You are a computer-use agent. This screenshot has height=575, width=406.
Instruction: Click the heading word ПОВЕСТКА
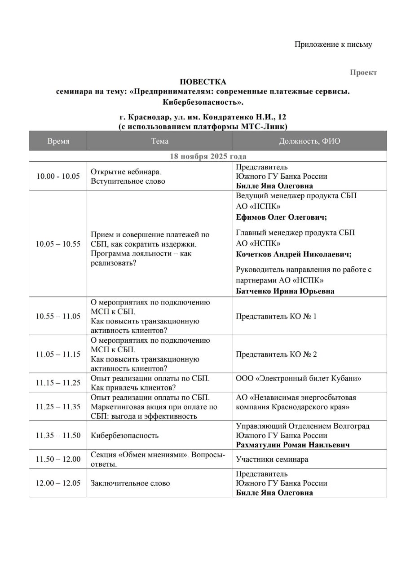coord(203,82)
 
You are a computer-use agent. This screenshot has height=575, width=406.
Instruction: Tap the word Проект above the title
coord(363,72)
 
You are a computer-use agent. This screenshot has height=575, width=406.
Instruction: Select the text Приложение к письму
coord(333,44)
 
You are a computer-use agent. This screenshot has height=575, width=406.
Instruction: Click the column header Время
coord(58,141)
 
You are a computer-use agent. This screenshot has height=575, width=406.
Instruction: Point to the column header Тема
coord(159,141)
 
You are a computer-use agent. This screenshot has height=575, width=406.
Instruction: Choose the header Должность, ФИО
coord(309,141)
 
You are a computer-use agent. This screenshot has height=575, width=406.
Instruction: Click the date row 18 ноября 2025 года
coord(208,156)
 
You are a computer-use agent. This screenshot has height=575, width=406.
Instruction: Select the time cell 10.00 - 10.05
coord(58,176)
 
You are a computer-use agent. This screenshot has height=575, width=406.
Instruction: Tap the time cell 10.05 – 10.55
coord(58,244)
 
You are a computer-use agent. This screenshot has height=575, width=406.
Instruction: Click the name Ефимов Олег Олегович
coord(281,217)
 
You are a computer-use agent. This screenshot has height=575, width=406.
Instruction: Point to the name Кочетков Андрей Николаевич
coord(294,254)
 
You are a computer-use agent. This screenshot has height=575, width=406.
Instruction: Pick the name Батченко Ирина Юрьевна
coord(285,291)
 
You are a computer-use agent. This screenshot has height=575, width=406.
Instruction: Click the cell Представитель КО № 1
coord(276,316)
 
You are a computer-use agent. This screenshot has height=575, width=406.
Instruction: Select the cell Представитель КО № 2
coord(276,354)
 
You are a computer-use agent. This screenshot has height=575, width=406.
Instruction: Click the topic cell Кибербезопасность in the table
coord(124,435)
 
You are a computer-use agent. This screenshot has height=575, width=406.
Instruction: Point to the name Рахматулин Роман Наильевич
coord(293,445)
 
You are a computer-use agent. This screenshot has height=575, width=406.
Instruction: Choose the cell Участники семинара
coord(272,459)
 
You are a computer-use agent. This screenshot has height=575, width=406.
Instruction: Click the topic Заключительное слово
coord(130,483)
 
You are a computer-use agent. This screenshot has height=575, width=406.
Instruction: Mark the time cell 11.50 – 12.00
coord(58,459)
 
